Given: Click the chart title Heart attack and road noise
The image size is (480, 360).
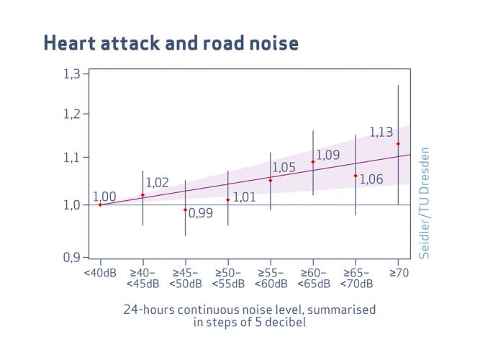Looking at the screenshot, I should (171, 43).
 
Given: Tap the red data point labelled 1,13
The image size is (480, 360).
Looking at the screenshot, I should (398, 144).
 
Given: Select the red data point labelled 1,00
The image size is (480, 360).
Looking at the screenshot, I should (100, 204).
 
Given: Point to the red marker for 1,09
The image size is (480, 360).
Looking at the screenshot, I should (313, 162).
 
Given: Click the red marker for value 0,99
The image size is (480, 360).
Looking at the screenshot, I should (185, 210).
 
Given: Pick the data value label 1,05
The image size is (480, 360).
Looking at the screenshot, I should (284, 168).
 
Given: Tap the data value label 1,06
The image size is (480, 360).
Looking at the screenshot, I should (371, 180).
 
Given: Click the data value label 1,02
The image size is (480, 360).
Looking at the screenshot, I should (157, 183).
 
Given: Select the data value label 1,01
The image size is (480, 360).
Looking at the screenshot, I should (245, 197).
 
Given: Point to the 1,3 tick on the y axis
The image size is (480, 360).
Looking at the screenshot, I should (74, 73).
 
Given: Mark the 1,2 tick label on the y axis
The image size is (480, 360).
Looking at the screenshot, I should (74, 114).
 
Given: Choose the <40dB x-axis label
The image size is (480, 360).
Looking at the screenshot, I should (100, 274).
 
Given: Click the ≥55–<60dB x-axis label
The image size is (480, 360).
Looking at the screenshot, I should (271, 279).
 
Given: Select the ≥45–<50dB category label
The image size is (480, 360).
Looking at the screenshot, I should (185, 279).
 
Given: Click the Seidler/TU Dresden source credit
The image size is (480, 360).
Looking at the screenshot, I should (425, 203).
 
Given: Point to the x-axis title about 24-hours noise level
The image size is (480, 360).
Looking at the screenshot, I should (250, 315).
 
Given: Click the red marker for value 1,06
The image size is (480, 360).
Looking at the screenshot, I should (356, 176).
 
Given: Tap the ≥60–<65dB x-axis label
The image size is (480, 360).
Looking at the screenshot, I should (313, 279).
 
